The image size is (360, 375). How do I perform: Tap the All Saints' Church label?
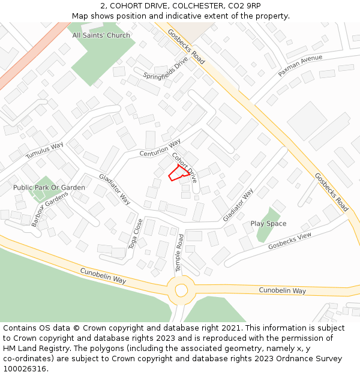click(101, 35)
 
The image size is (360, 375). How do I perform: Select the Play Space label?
click(268, 224)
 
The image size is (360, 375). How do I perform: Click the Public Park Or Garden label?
click(49, 188)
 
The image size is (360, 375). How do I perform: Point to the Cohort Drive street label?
click(184, 167)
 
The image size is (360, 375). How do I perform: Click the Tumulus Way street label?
click(44, 151)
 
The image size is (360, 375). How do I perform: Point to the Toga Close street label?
click(136, 233)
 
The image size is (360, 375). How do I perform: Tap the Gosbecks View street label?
click(290, 241)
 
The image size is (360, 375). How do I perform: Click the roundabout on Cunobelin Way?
click(181, 290)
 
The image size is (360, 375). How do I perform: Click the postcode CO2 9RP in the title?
click(244, 6)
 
